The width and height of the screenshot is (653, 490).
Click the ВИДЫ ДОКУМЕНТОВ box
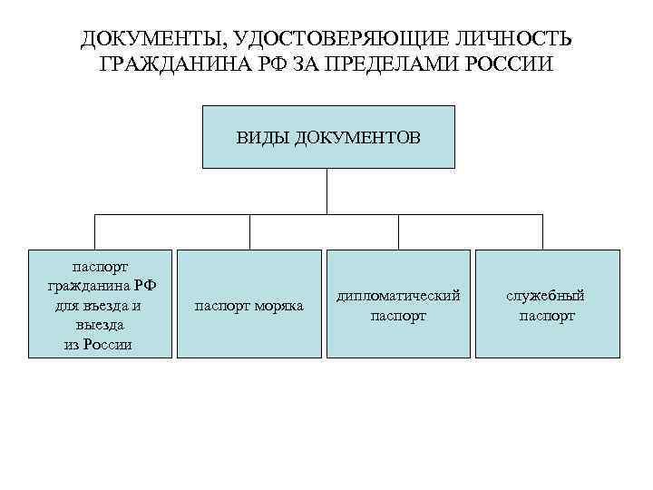pos(327,137)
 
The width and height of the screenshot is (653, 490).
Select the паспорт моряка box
pos(249,304)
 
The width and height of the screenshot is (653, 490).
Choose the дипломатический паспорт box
pos(398,304)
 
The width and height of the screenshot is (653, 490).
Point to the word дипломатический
pos(398,296)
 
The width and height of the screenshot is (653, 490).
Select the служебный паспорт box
pos(547,304)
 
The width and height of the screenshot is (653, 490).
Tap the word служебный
pos(546,296)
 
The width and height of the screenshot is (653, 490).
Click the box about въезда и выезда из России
pos(100,304)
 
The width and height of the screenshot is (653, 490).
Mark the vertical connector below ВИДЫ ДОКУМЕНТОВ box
pos(327,191)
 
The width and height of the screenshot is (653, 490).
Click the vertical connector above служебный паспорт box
pos(542,232)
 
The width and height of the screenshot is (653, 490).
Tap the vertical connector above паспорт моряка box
pos(249,232)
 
